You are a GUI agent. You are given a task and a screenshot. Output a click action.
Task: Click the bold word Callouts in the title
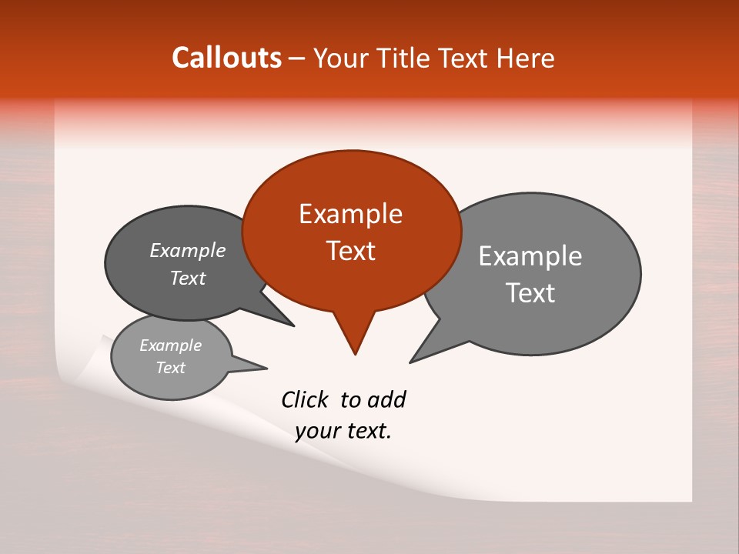click(226, 58)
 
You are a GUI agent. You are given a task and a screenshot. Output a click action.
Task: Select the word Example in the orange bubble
click(350, 214)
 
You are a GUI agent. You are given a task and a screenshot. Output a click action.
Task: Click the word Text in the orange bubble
click(350, 251)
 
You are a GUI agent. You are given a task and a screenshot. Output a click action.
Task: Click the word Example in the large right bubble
click(530, 256)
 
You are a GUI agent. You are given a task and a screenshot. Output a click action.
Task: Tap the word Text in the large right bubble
click(530, 293)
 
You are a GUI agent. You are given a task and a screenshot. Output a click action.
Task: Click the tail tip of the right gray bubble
click(411, 362)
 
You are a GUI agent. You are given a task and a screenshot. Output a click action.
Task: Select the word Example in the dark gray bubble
click(188, 250)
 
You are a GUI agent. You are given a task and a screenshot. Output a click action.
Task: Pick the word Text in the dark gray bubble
click(188, 278)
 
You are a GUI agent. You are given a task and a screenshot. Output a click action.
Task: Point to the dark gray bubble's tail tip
click(293, 325)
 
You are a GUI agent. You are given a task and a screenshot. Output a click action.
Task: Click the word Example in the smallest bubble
click(171, 345)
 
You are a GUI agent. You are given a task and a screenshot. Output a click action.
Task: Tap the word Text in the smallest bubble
click(171, 368)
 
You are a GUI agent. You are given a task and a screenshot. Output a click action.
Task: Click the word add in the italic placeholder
click(386, 399)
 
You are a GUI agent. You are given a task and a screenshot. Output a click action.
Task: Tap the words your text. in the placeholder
click(343, 432)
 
